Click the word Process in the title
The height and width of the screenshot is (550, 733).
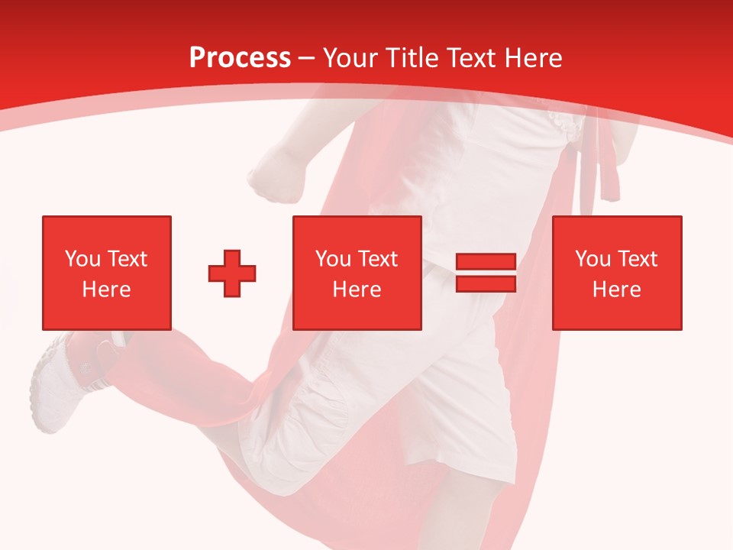[240, 57]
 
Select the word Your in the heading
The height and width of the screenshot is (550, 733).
[350, 57]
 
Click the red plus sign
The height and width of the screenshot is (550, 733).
[232, 273]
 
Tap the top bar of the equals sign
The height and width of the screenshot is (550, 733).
[486, 261]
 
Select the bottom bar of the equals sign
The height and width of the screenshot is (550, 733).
[486, 283]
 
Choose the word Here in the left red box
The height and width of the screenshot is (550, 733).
[106, 290]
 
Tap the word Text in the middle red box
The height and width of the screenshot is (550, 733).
[377, 259]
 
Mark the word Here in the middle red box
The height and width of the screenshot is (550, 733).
[357, 290]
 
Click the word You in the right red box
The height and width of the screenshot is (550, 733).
[593, 259]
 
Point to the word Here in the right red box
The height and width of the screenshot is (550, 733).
[616, 290]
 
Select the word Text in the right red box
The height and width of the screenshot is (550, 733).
[637, 259]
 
